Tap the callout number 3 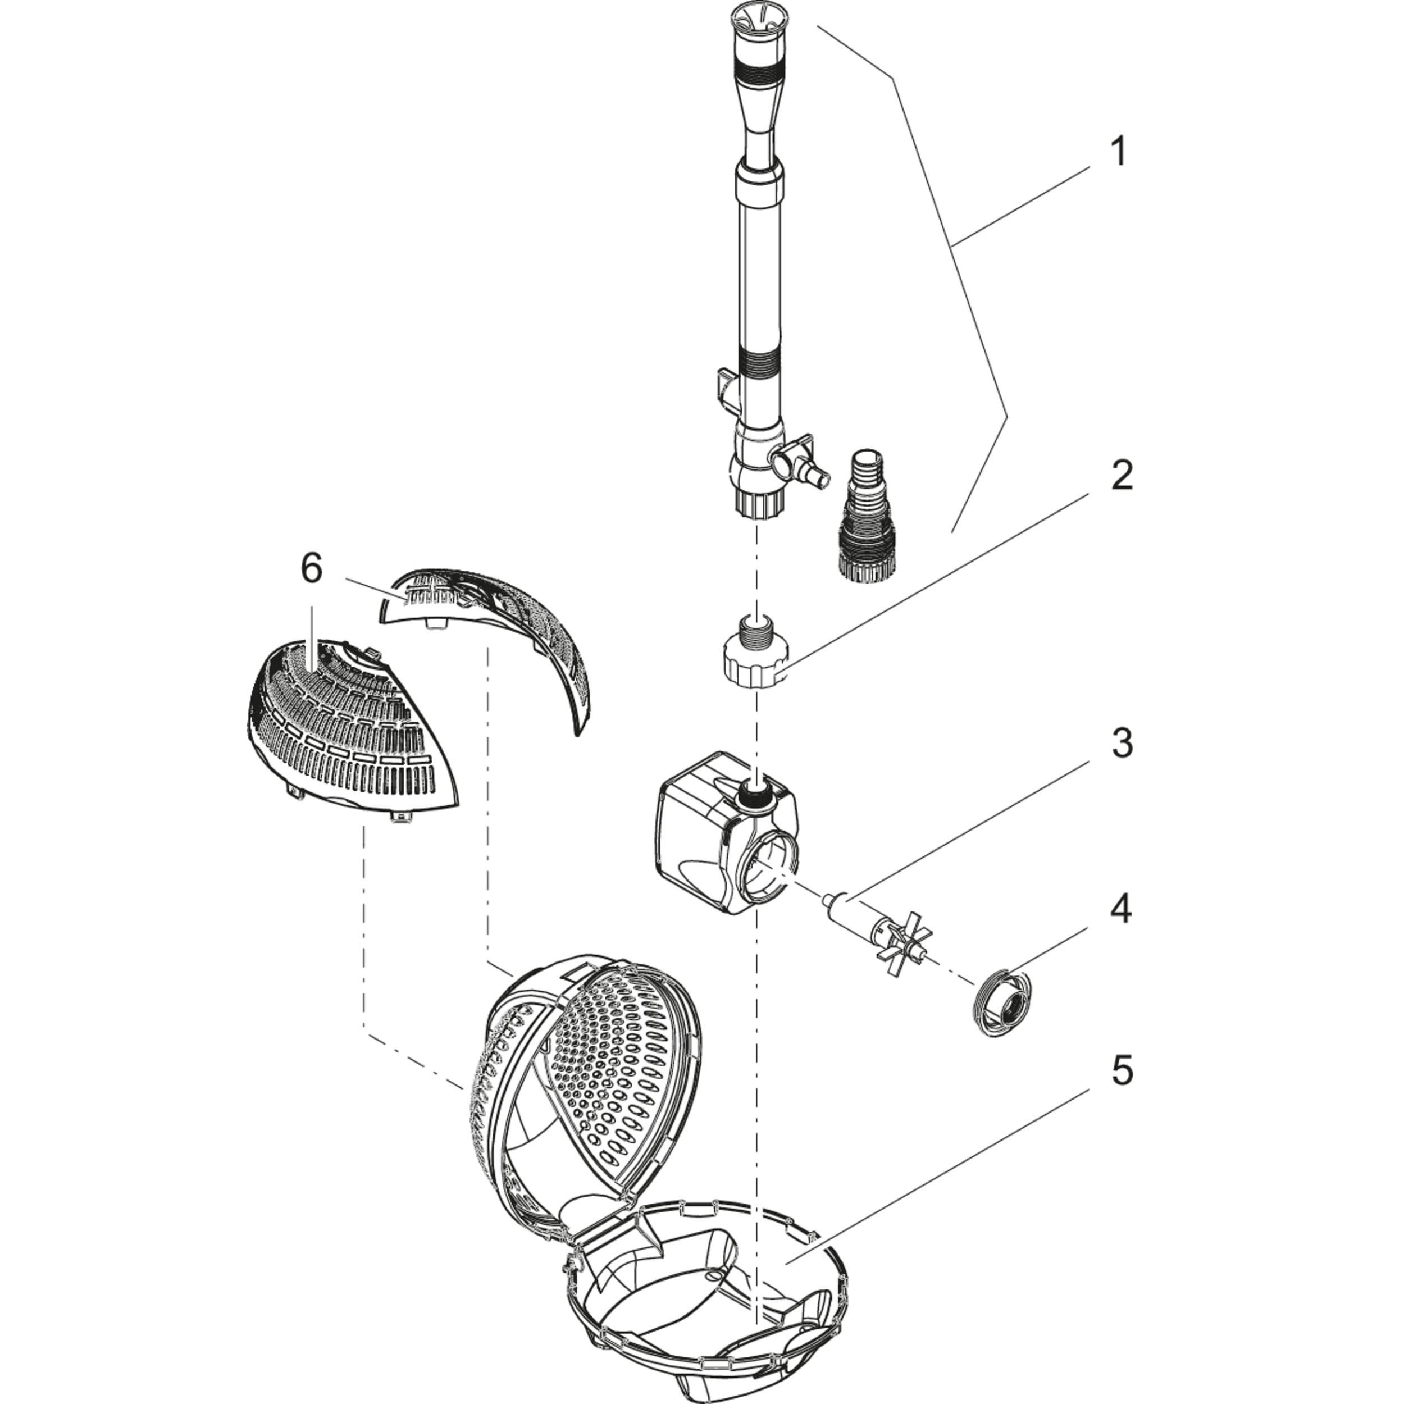coord(1122,744)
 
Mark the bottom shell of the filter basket coord(709,1271)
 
